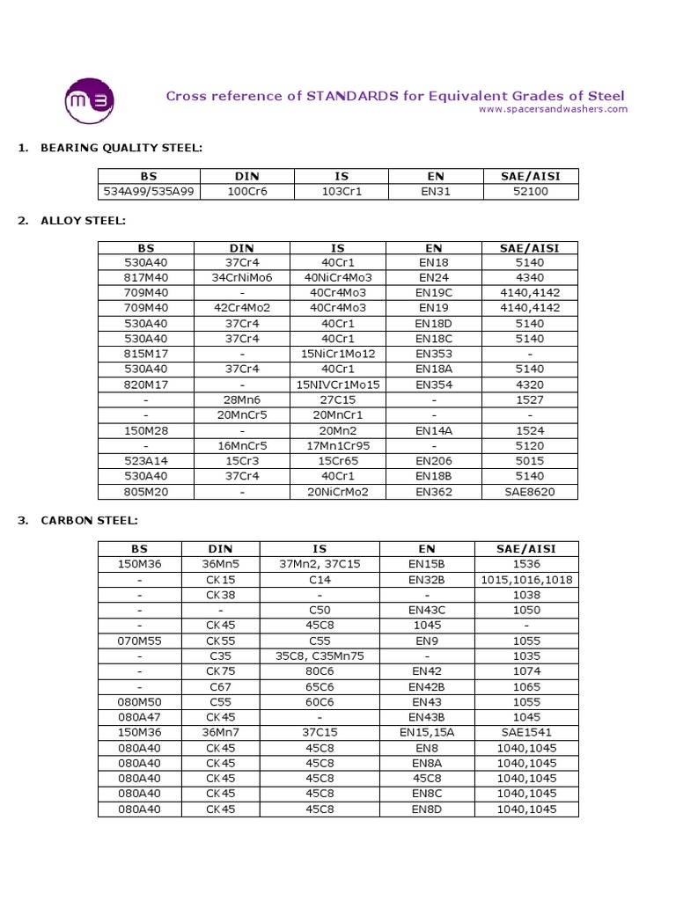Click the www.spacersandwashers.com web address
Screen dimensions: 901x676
553,109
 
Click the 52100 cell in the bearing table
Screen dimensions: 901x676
530,191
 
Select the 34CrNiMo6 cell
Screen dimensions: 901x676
242,277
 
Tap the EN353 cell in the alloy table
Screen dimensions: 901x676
434,354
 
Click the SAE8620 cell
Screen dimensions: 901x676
530,491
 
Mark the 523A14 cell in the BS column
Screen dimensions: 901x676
145,461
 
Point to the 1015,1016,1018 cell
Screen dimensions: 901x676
526,580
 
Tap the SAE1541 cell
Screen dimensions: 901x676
526,732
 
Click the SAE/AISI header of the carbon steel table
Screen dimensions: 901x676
526,548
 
